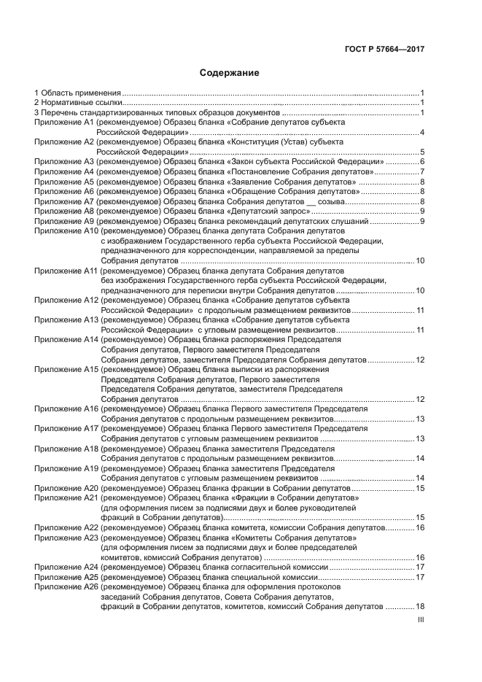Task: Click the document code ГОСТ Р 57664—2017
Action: [x=384, y=50]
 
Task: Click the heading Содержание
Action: [x=229, y=73]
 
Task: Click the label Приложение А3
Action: [x=65, y=161]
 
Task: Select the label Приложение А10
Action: [x=66, y=230]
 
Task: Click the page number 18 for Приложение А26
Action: [x=420, y=606]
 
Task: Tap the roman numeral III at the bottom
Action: [x=421, y=620]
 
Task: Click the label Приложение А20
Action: [x=66, y=487]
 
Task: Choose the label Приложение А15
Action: [x=66, y=369]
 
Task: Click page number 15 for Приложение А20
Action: [x=420, y=487]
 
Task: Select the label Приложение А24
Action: [x=66, y=567]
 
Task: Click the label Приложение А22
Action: [x=66, y=527]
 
